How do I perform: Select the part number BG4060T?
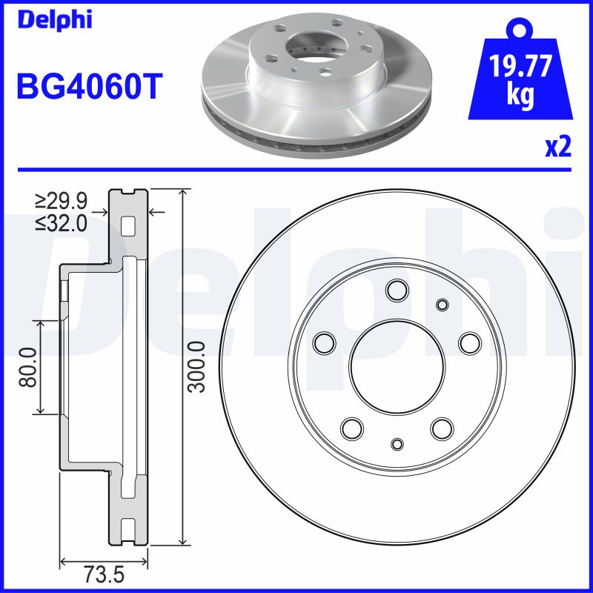[x=88, y=87]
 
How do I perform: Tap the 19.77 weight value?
[x=522, y=67]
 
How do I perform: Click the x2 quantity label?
[x=557, y=147]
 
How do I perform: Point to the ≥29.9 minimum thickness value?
[x=61, y=201]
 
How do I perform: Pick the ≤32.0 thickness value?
[x=61, y=222]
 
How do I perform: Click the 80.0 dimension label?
[x=28, y=368]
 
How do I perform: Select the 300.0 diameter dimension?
[x=196, y=368]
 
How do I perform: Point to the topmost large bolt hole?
[x=397, y=291]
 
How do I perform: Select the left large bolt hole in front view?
[x=325, y=342]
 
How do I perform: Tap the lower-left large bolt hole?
[x=351, y=428]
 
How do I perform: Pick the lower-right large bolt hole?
[x=443, y=428]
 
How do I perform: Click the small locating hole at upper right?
[x=443, y=305]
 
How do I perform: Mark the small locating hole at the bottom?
[x=397, y=443]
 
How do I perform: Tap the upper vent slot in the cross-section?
[x=129, y=225]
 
